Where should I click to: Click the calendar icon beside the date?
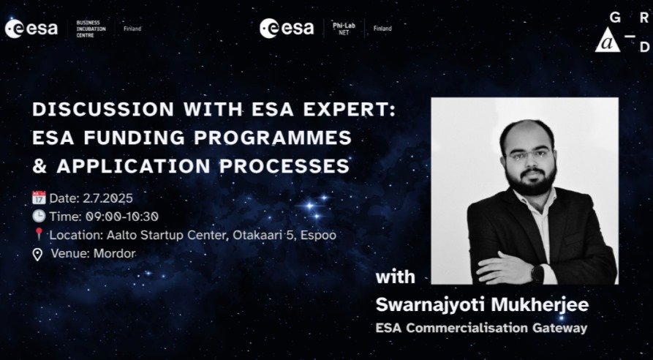pyautogui.click(x=39, y=198)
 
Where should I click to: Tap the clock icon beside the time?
pyautogui.click(x=39, y=216)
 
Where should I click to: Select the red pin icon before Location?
pyautogui.click(x=39, y=234)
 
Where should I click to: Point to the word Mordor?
pyautogui.click(x=115, y=253)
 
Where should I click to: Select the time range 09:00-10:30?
pyautogui.click(x=122, y=217)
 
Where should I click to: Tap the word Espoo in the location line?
pyautogui.click(x=318, y=235)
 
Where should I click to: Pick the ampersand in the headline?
pyautogui.click(x=39, y=166)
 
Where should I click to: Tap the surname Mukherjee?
pyautogui.click(x=540, y=304)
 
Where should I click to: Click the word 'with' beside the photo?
pyautogui.click(x=395, y=277)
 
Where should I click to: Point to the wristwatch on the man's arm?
pyautogui.click(x=537, y=273)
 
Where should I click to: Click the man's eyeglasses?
pyautogui.click(x=526, y=155)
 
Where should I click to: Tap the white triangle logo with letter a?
pyautogui.click(x=607, y=40)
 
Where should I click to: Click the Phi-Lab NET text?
pyautogui.click(x=344, y=29)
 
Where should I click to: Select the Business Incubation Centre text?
pyautogui.click(x=91, y=29)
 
